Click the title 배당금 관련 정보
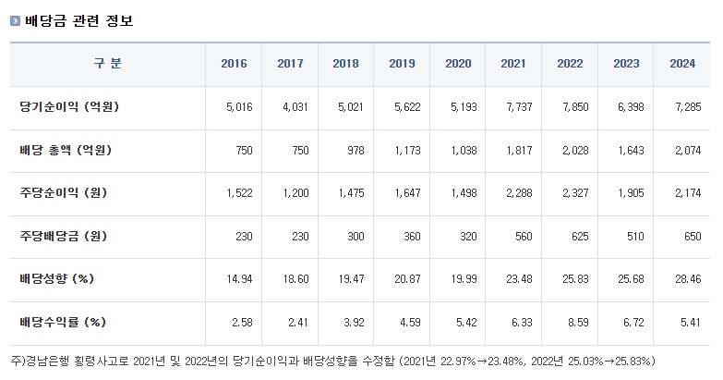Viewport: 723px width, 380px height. tap(78, 20)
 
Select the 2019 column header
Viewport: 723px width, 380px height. tap(402, 64)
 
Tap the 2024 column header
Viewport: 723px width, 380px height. tap(681, 64)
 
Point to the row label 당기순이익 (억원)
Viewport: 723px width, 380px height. tap(69, 107)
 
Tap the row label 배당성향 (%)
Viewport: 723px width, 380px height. tap(57, 279)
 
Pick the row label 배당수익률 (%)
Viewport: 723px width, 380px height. tap(63, 323)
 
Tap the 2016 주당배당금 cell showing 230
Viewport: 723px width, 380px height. tap(241, 237)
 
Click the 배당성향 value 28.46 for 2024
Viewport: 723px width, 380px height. tap(684, 280)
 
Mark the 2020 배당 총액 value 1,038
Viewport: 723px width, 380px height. tap(461, 151)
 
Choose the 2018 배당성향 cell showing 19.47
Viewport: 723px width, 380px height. tap(351, 280)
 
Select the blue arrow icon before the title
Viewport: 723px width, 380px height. tap(15, 21)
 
